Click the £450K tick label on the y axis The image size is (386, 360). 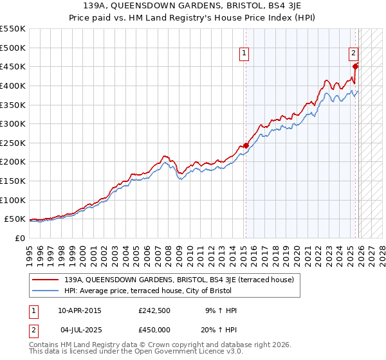coord(13,66)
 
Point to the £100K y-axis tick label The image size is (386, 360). coord(13,200)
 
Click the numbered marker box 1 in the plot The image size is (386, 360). coord(245,55)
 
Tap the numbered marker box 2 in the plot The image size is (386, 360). coord(354,55)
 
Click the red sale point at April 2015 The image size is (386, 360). coord(245,146)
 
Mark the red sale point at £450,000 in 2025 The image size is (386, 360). coord(356,66)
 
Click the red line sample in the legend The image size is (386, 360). coord(46,280)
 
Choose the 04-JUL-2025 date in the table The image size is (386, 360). coord(80,329)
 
